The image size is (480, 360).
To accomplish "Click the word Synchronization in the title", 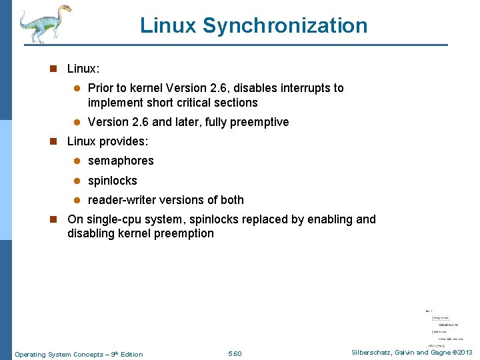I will (285, 26).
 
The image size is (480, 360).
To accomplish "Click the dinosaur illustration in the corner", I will (44, 23).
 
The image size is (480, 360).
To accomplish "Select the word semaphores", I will (121, 161).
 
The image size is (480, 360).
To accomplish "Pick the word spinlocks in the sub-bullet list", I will (112, 181).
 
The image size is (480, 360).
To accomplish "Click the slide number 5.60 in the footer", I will (235, 354).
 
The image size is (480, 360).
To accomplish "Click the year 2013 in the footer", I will (464, 353).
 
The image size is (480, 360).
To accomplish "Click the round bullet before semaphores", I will (76, 161).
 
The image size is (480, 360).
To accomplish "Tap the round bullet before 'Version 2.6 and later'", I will (76, 123).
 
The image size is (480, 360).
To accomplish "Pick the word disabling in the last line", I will (91, 233).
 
